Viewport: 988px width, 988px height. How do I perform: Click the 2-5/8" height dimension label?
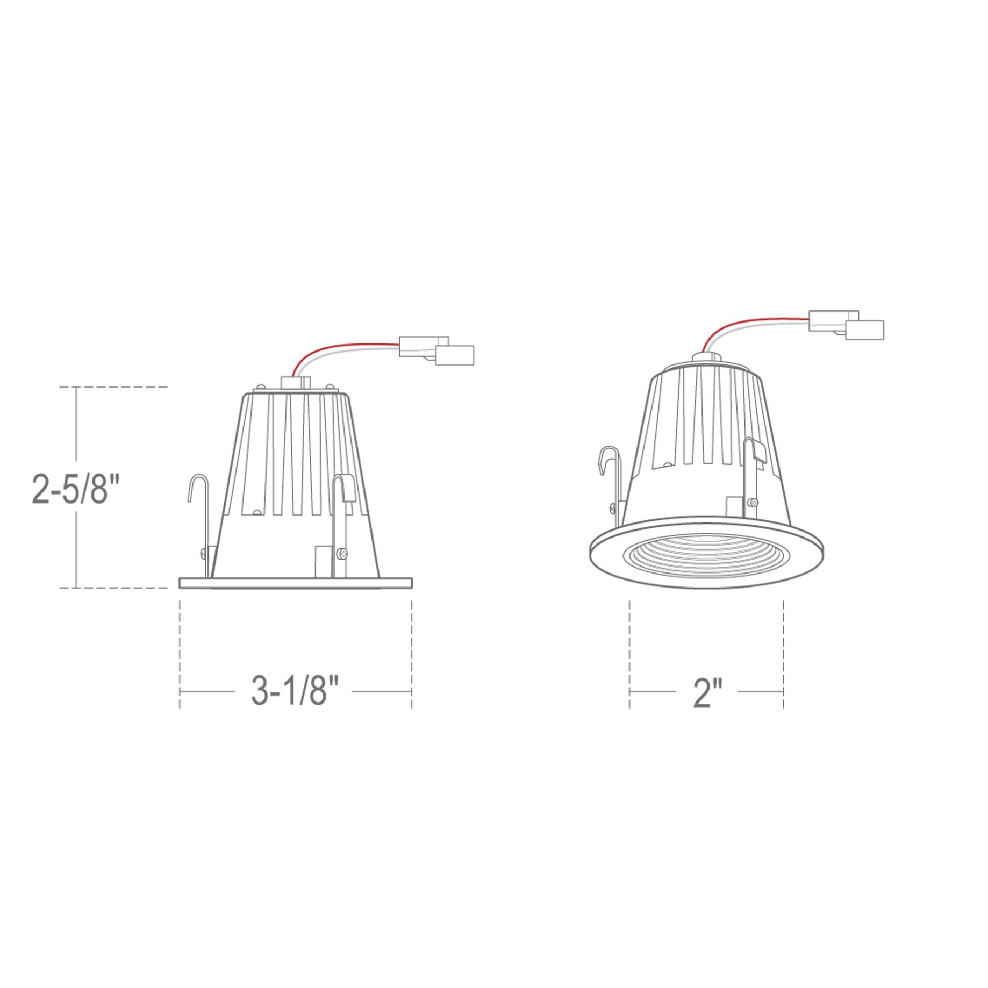75,486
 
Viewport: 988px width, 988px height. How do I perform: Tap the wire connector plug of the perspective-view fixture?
847,325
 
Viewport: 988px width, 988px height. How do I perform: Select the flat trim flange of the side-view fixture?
296,583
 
